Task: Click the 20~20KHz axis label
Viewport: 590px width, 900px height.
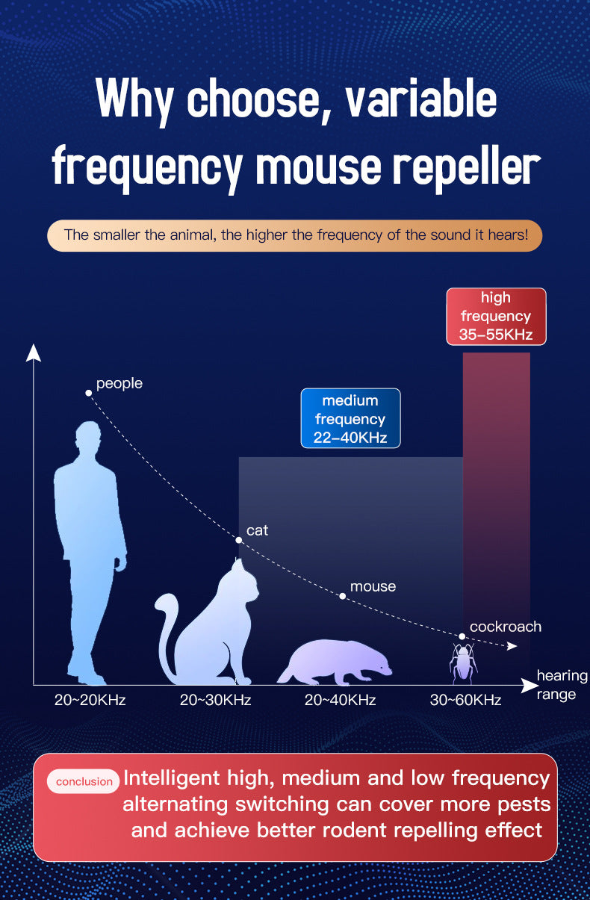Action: coord(90,700)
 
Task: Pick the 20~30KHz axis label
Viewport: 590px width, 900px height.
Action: coord(215,700)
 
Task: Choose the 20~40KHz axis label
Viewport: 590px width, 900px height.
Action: coord(340,700)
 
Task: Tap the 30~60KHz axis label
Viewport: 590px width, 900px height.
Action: coord(465,700)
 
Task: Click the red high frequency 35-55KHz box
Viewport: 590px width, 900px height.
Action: coord(496,316)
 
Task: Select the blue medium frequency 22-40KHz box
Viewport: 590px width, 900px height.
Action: coord(350,419)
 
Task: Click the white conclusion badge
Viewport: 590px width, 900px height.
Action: coord(84,781)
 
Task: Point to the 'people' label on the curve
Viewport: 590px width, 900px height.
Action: coord(119,384)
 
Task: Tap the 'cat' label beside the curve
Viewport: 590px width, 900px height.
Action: coord(257,530)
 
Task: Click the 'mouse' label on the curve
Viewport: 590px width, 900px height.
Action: coord(373,586)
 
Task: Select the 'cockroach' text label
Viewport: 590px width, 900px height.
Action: coord(505,627)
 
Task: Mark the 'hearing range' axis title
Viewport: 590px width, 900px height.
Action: coord(561,685)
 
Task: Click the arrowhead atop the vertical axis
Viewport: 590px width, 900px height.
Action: coord(33,352)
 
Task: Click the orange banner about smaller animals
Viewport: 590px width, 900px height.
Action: coord(294,235)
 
